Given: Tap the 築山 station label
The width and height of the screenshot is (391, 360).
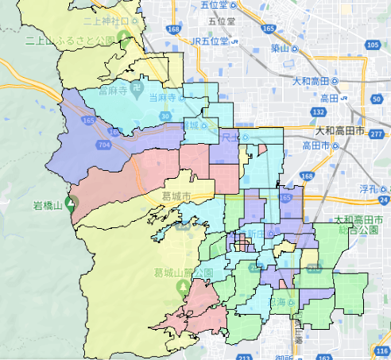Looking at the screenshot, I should pos(278,48).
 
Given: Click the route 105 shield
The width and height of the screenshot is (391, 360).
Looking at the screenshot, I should pos(374,45).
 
